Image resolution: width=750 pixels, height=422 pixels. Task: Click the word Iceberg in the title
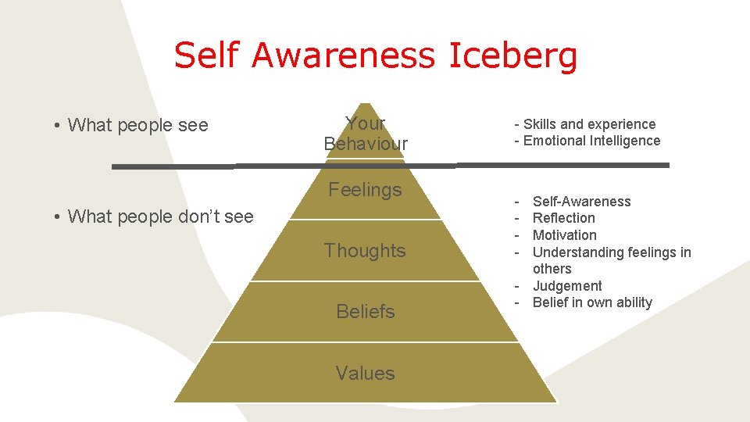(x=513, y=55)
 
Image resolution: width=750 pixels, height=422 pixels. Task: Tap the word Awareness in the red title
(x=344, y=55)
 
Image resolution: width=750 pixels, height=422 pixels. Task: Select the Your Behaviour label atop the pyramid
(x=366, y=134)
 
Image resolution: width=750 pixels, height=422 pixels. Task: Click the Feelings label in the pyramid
(x=365, y=190)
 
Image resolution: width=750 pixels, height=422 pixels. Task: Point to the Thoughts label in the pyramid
(x=365, y=251)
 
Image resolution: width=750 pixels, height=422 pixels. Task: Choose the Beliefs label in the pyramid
(x=365, y=312)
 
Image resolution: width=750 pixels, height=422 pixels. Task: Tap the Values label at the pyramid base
(x=365, y=374)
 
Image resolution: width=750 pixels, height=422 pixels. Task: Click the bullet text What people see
(x=138, y=125)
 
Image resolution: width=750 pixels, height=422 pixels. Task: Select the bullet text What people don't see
(x=160, y=216)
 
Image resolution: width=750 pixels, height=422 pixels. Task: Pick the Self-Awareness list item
(x=581, y=202)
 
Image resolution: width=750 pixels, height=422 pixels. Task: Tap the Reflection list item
(x=563, y=218)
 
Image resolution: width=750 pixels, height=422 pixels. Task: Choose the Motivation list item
(x=564, y=235)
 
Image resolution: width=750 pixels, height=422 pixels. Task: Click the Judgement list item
(x=567, y=286)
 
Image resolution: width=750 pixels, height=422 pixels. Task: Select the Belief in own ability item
(x=592, y=302)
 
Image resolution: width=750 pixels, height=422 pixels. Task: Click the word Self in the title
(x=204, y=55)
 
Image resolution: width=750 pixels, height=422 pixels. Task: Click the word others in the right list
(x=552, y=269)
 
